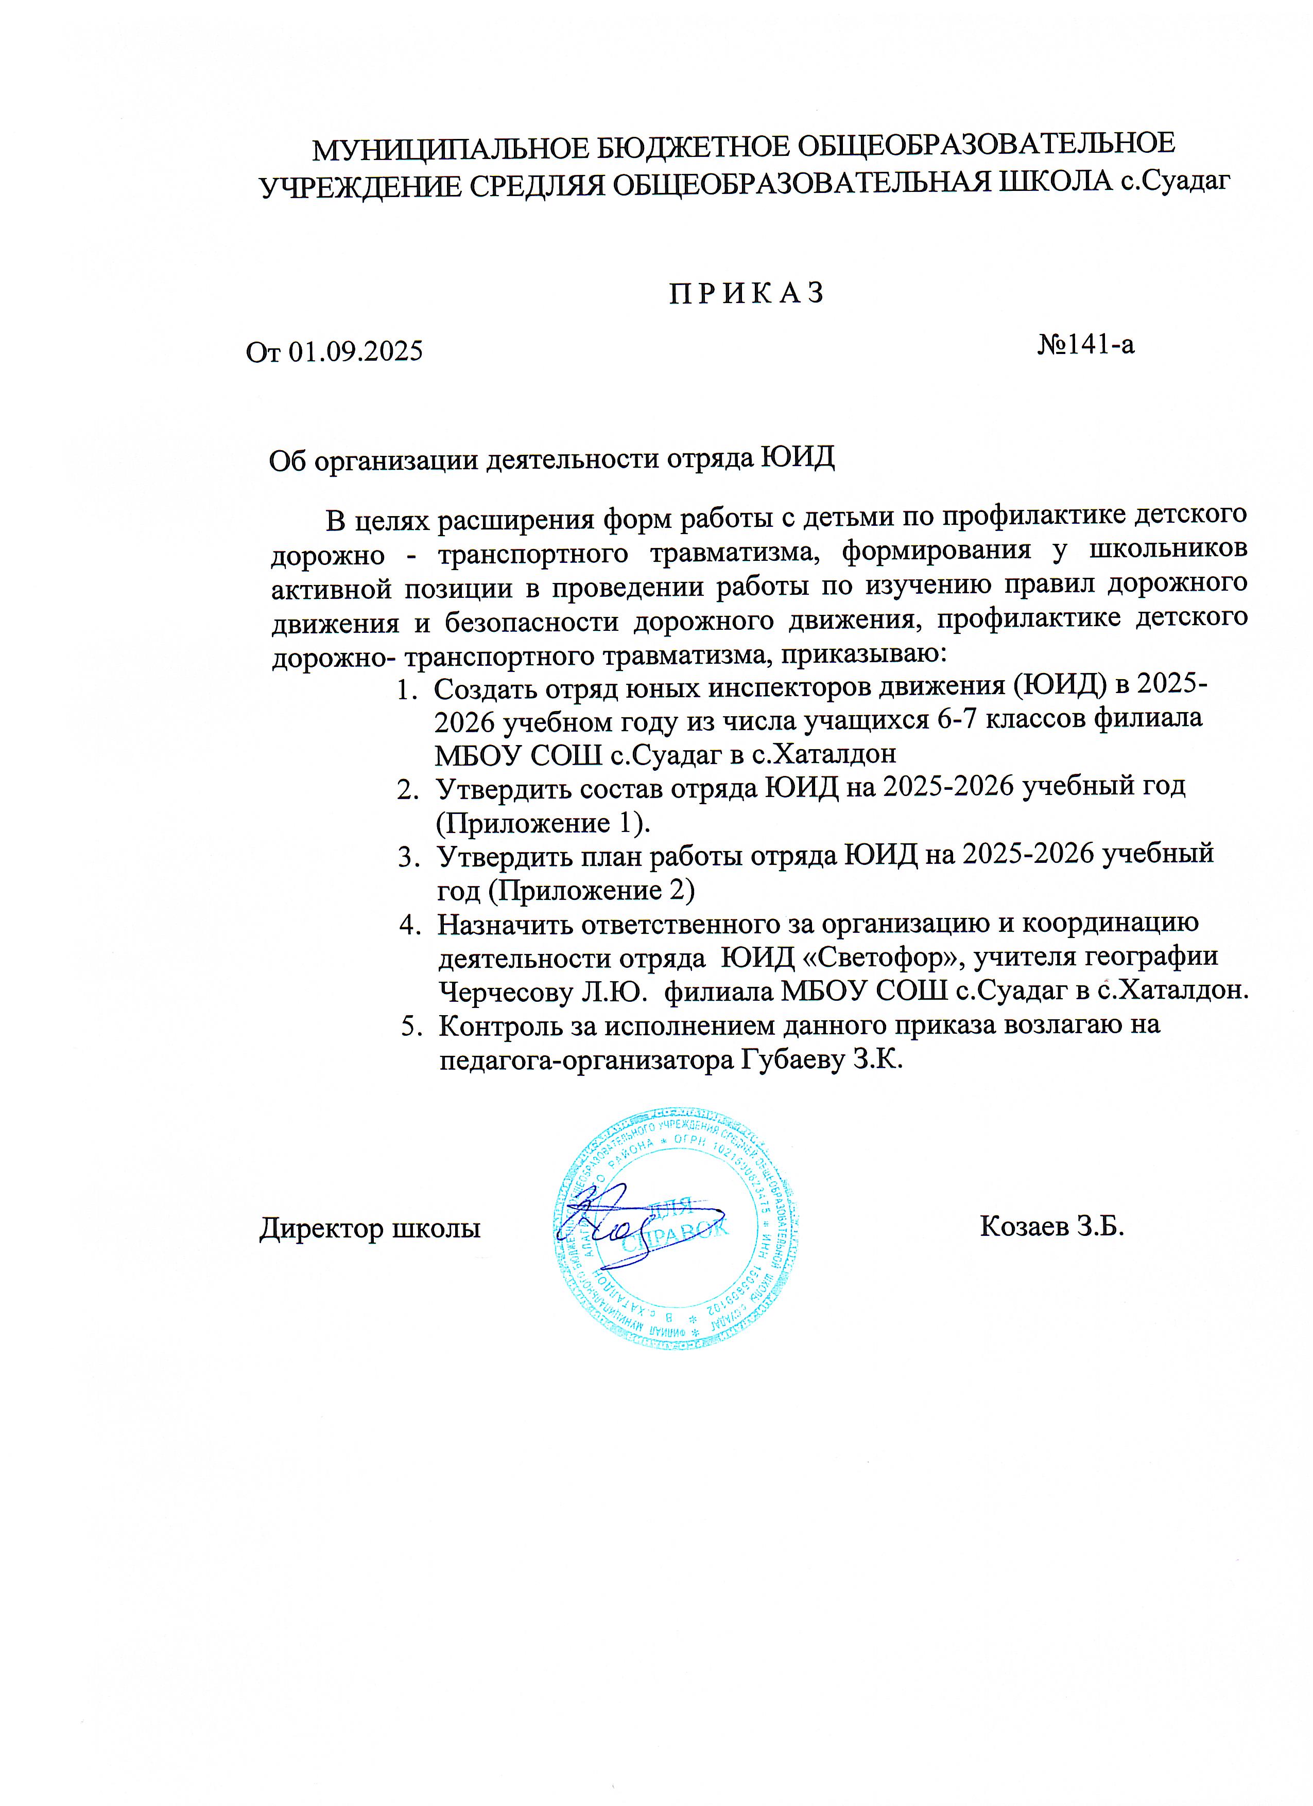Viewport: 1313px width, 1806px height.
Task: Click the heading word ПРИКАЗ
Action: point(746,294)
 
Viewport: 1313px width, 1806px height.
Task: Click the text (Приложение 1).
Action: point(543,823)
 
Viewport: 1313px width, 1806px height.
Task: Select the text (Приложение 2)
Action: point(566,890)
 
